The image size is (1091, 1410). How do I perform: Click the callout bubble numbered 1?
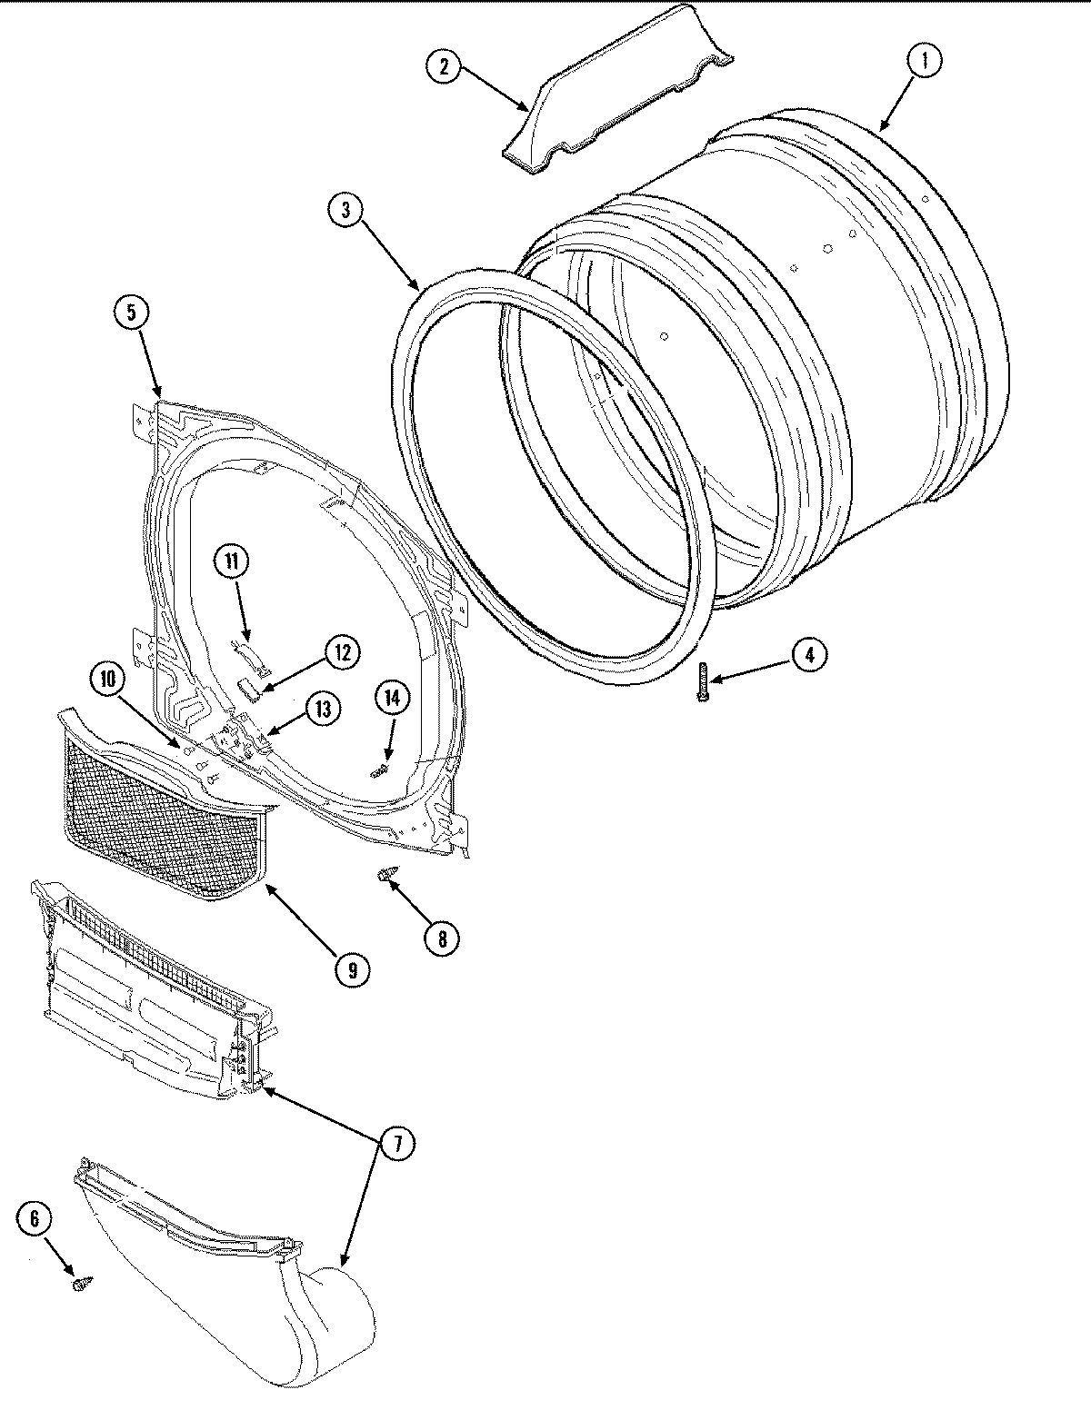(925, 62)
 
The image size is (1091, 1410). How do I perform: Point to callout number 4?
(808, 654)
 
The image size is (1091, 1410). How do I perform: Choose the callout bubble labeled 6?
(35, 1219)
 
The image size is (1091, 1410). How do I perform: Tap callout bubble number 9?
(351, 969)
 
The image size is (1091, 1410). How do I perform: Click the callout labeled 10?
(107, 677)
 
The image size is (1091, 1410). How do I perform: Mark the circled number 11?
(232, 561)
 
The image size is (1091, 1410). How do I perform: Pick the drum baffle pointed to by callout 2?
(618, 95)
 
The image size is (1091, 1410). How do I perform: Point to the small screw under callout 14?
(378, 771)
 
